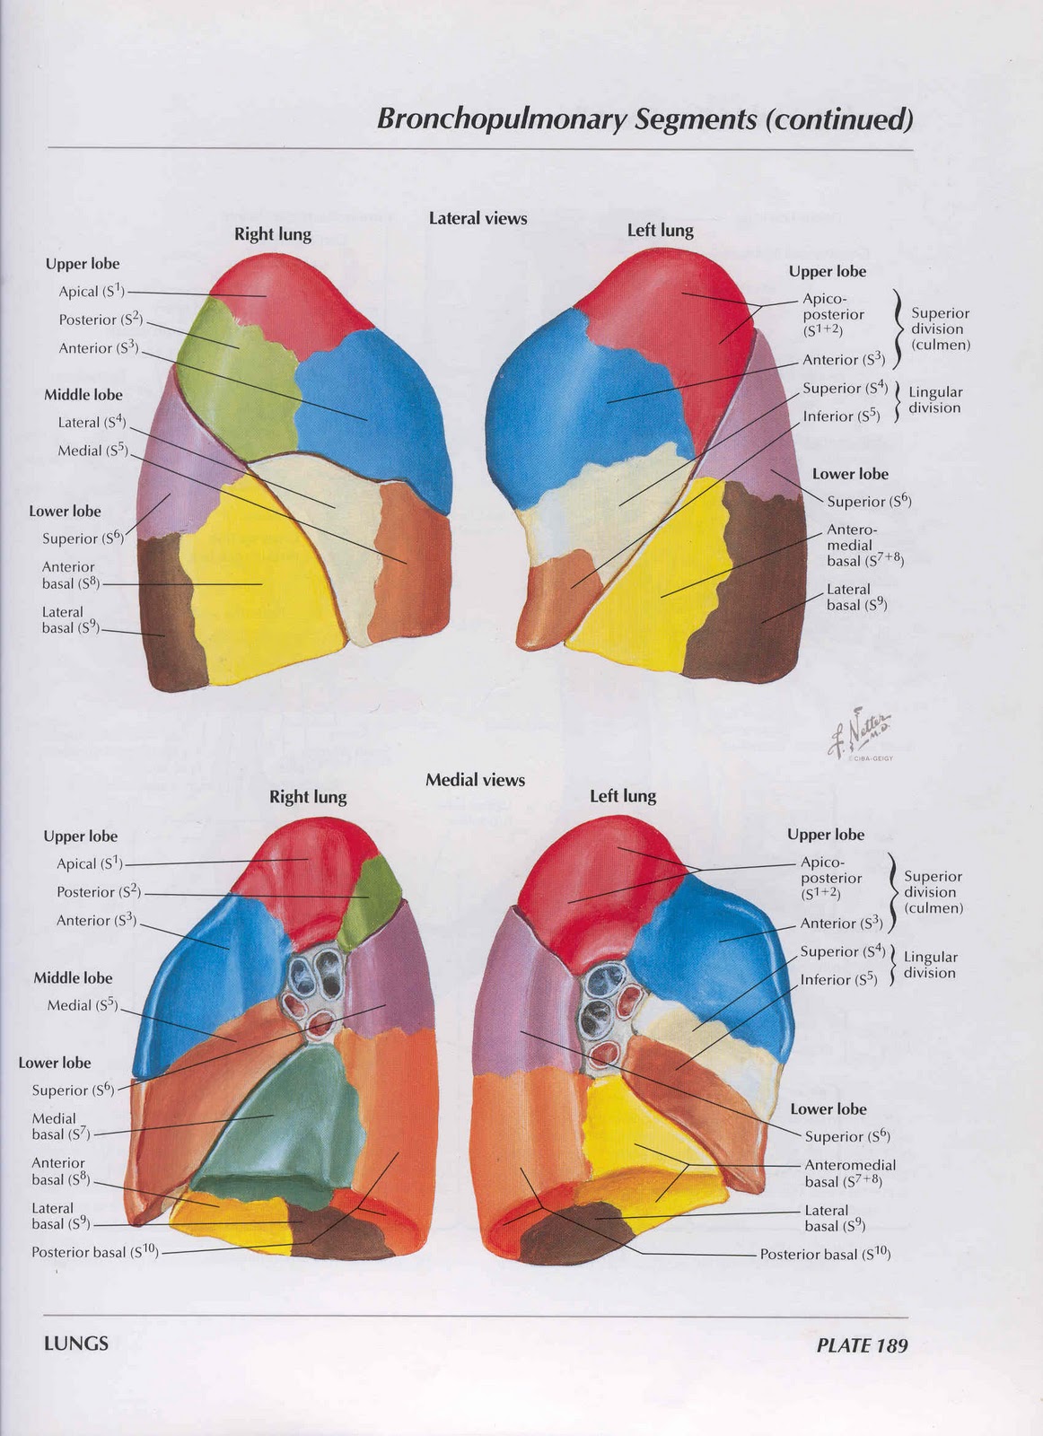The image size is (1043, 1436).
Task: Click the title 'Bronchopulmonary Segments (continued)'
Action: (644, 118)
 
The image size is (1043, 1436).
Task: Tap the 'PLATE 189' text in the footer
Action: (862, 1344)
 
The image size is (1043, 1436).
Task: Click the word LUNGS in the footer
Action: (76, 1344)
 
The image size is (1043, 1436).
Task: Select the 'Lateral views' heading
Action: (478, 218)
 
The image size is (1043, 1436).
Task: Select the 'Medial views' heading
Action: (475, 780)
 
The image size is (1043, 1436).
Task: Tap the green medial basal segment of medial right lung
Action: (285, 1122)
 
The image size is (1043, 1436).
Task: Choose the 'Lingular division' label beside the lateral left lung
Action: (934, 399)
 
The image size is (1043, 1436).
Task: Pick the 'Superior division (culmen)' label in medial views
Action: (933, 892)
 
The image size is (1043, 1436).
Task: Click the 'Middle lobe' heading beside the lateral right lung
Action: (83, 395)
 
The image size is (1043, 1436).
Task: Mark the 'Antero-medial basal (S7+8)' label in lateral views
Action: (863, 546)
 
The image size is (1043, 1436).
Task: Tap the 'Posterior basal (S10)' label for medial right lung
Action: (95, 1252)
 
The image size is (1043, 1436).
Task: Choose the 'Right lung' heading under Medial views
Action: (308, 797)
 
